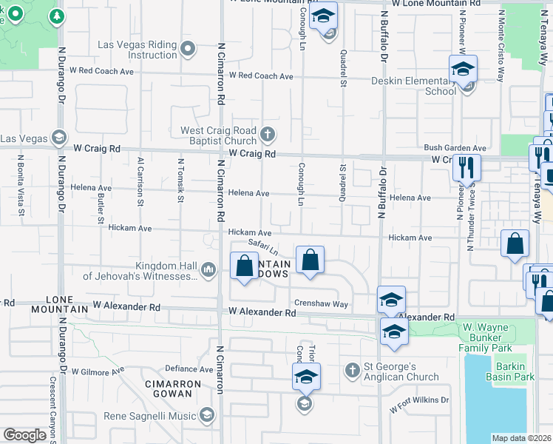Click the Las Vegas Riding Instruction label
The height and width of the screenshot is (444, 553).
click(x=138, y=50)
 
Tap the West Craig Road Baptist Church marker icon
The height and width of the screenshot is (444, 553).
click(x=268, y=135)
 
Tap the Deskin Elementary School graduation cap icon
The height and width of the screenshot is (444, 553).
click(x=463, y=70)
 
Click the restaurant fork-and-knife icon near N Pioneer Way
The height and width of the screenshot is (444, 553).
click(x=467, y=167)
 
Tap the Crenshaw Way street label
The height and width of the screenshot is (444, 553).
click(x=321, y=303)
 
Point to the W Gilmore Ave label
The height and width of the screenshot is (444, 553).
click(x=97, y=371)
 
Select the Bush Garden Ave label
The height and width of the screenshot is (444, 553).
click(x=455, y=148)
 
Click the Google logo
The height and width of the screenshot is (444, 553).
click(x=24, y=434)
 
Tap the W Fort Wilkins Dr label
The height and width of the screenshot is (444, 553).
click(x=419, y=400)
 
